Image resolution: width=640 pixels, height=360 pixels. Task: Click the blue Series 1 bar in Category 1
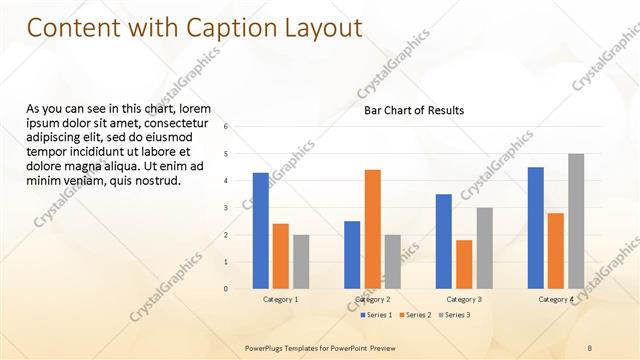[x=261, y=231]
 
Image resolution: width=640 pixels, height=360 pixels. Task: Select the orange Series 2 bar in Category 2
[x=372, y=229]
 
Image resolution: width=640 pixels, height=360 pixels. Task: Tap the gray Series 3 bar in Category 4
[x=576, y=221]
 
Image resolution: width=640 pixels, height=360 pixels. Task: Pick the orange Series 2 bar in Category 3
[x=464, y=264]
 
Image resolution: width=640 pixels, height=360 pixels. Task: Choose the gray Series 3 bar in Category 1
[x=301, y=262]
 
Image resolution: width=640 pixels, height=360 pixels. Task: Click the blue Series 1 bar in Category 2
[x=352, y=255]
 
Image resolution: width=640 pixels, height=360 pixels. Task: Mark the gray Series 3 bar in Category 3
[x=484, y=248]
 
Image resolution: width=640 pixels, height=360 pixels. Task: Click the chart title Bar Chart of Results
[x=414, y=111]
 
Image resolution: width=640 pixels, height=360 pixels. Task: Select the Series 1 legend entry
[x=376, y=315]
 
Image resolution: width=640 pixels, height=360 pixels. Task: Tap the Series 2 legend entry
[x=415, y=315]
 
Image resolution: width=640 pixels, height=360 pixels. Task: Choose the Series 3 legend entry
[x=454, y=315]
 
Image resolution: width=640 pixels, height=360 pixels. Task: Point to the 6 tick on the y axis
[x=227, y=127]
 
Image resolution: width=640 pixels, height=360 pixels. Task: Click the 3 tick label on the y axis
[x=227, y=208]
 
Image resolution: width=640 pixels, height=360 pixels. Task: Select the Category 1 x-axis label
[x=281, y=300]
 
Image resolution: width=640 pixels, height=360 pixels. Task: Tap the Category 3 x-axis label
[x=464, y=300]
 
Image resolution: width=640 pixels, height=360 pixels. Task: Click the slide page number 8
[x=590, y=347]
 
